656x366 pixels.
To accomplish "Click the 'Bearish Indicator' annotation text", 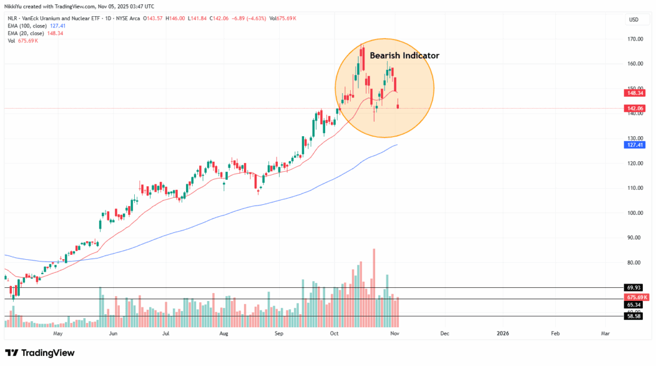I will [x=404, y=56].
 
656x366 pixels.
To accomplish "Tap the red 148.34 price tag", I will [x=633, y=93].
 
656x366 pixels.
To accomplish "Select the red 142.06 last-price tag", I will [x=633, y=108].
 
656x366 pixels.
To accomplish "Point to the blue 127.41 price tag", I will [x=633, y=144].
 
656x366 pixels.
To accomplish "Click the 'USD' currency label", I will [x=634, y=20].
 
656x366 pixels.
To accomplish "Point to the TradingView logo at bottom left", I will [x=40, y=353].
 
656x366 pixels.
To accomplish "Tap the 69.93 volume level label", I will [x=633, y=287].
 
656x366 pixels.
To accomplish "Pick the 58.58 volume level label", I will [x=633, y=316].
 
